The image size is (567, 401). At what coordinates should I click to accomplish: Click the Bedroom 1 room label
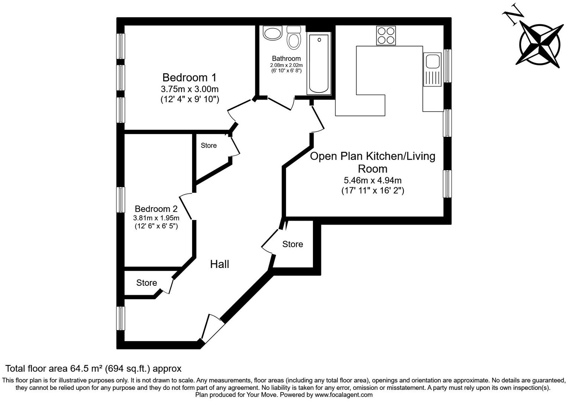[x=189, y=78]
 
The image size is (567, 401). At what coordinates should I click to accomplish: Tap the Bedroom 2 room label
[x=156, y=209]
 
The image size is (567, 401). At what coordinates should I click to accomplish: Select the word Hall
[x=220, y=264]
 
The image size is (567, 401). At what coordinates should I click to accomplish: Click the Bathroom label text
[x=286, y=58]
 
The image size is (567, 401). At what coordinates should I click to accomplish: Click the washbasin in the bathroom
[x=273, y=33]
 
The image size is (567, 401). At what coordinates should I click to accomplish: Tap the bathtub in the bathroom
[x=319, y=64]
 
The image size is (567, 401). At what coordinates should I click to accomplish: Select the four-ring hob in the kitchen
[x=386, y=35]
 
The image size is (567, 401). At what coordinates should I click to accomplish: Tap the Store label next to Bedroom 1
[x=208, y=145]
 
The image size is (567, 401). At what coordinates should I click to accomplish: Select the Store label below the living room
[x=292, y=244]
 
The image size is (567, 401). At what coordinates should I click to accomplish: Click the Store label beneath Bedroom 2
[x=146, y=283]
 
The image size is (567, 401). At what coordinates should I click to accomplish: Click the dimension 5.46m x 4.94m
[x=373, y=181]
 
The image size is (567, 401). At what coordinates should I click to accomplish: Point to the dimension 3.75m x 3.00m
[x=189, y=89]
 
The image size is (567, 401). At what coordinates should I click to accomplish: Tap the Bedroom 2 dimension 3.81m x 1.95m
[x=156, y=218]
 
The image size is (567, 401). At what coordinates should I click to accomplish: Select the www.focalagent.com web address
[x=344, y=395]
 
